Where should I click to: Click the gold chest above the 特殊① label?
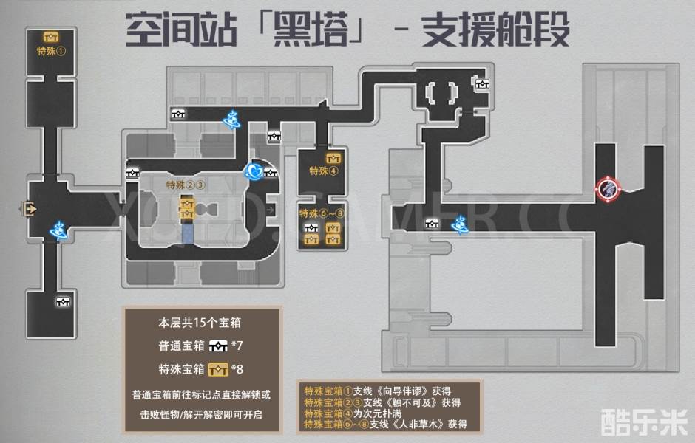tap(51, 37)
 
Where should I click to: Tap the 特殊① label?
tap(51, 52)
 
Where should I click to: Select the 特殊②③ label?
tap(185, 185)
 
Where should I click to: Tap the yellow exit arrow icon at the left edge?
tap(30, 209)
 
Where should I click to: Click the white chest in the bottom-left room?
tap(64, 301)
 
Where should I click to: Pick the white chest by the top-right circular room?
tap(482, 84)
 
